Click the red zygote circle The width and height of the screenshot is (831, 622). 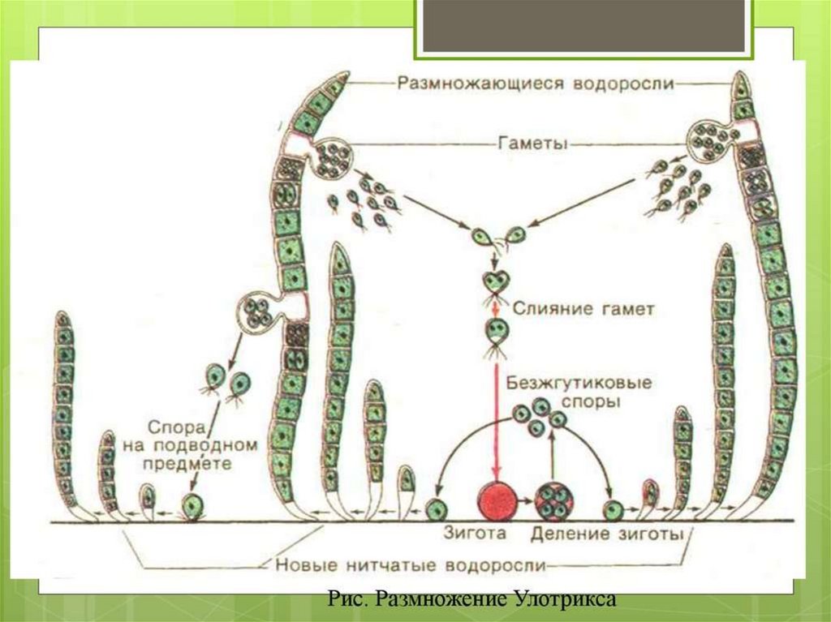497,504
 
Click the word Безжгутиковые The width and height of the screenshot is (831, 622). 579,382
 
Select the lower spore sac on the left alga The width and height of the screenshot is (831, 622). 258,312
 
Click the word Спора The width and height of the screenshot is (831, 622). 168,426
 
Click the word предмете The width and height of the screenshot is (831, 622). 192,465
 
